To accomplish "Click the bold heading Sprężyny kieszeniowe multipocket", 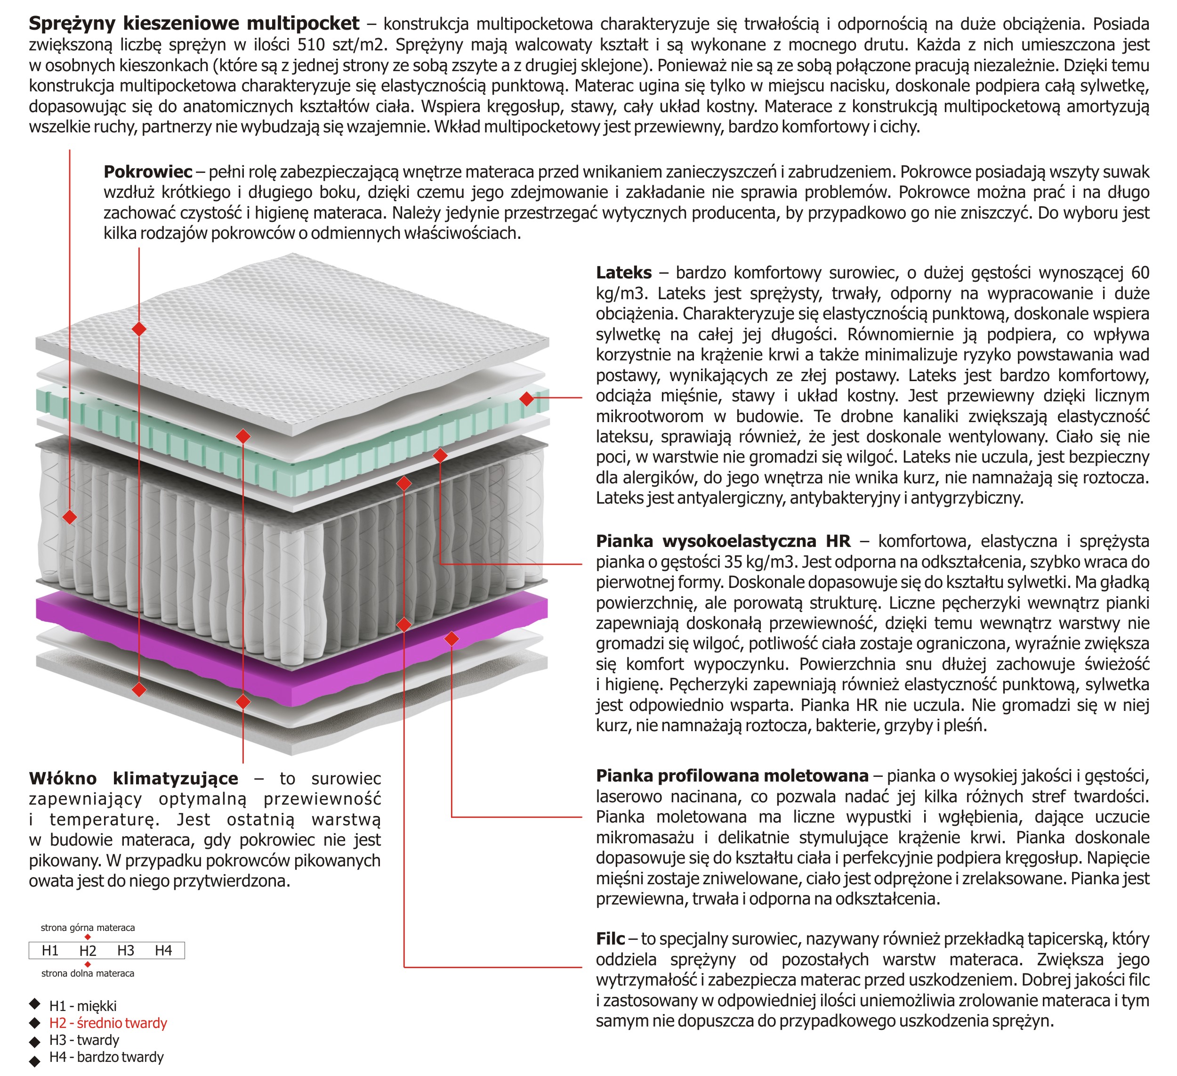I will click(x=194, y=24).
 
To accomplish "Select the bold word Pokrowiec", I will click(x=148, y=172).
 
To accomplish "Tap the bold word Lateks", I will click(x=623, y=273).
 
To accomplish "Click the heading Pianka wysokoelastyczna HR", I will click(x=723, y=541).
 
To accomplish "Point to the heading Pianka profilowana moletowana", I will click(x=732, y=776).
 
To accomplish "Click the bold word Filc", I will click(x=610, y=939).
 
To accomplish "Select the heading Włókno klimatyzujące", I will click(x=134, y=779).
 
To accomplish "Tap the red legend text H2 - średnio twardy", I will click(x=108, y=1023).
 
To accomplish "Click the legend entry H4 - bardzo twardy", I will click(x=106, y=1057).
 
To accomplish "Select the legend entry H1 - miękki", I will click(x=83, y=1006).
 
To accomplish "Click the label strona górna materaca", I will click(x=88, y=928).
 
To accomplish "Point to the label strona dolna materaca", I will click(x=88, y=973).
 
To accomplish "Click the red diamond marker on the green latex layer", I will click(x=527, y=399).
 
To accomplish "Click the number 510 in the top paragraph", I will click(x=314, y=45).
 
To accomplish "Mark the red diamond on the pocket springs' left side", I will click(x=70, y=517).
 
